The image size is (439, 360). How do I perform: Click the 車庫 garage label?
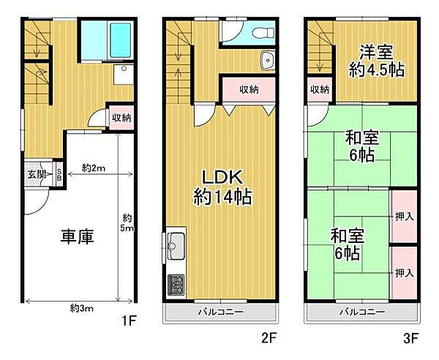click(76, 239)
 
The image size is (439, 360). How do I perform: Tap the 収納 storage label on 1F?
click(121, 118)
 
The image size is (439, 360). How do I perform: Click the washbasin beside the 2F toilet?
click(267, 61)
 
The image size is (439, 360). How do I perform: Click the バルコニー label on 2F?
click(221, 312)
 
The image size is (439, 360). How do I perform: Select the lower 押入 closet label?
click(404, 272)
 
